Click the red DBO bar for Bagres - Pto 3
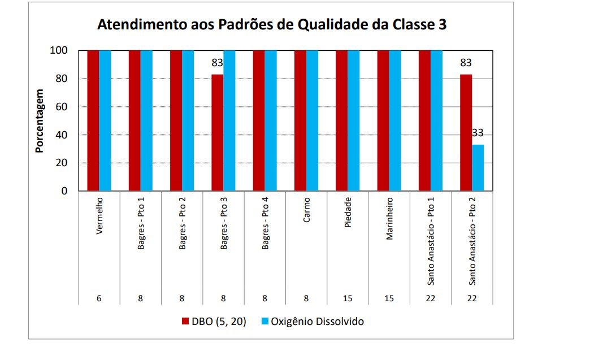[218, 133]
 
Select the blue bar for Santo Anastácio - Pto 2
[478, 168]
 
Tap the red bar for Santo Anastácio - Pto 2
[466, 133]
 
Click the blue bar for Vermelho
[105, 120]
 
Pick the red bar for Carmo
[300, 120]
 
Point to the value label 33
[478, 133]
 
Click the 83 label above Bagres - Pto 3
[218, 63]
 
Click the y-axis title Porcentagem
[40, 120]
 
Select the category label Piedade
[348, 211]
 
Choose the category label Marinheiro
[389, 218]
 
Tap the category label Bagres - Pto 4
[266, 224]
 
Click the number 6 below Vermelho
[99, 298]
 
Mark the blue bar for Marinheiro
[396, 120]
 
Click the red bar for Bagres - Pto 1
[135, 120]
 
